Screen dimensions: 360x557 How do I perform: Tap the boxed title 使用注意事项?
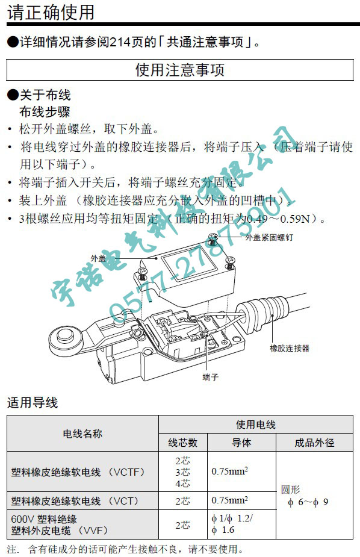pyautogui.click(x=179, y=70)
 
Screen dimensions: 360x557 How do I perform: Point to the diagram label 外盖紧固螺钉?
pyautogui.click(x=269, y=237)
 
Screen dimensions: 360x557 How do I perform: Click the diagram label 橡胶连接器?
pyautogui.click(x=290, y=348)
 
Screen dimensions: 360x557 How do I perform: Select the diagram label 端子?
pyautogui.click(x=210, y=377)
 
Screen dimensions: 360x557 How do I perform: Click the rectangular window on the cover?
pyautogui.click(x=189, y=266)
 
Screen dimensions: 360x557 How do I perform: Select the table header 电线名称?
pyautogui.click(x=82, y=434)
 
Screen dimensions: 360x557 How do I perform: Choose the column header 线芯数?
pyautogui.click(x=183, y=443)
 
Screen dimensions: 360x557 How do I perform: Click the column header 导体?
pyautogui.click(x=241, y=443)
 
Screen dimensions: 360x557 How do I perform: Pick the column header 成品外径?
pyautogui.click(x=314, y=443)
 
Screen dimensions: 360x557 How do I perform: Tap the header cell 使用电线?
pyautogui.click(x=256, y=425)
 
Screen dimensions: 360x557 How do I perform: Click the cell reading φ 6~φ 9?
pyautogui.click(x=308, y=502)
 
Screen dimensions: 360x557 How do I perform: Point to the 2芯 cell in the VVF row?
pyautogui.click(x=183, y=525)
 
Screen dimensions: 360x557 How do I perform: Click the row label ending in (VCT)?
pyautogui.click(x=75, y=501)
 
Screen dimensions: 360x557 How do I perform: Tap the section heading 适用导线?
pyautogui.click(x=33, y=402)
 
